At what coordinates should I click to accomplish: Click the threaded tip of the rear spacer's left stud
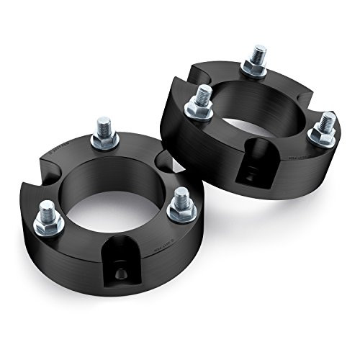click(204, 93)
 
